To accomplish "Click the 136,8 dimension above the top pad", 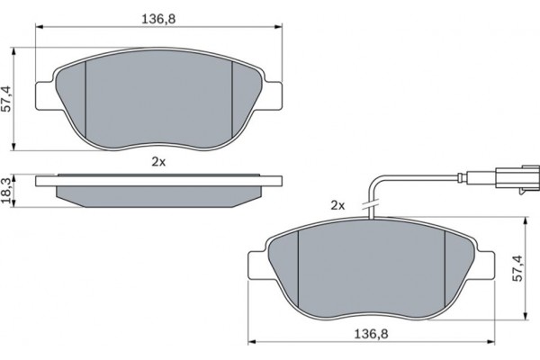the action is click(x=158, y=19).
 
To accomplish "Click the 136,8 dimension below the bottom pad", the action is click(x=371, y=334).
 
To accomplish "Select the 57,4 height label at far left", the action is click(x=6, y=99).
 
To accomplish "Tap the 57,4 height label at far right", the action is click(x=517, y=268).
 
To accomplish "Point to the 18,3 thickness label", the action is click(x=6, y=191).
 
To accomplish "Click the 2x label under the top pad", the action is click(x=158, y=162).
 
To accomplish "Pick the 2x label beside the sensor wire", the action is click(x=337, y=206).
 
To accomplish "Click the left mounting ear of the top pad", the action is click(x=45, y=96).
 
